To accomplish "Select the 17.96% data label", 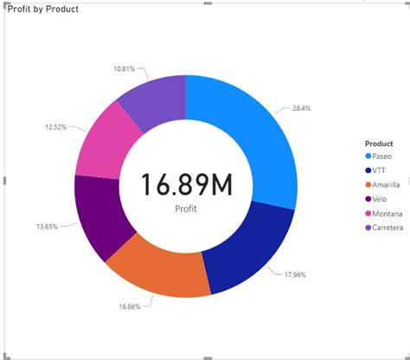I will pos(295,274).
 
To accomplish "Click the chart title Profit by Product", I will pos(42,10).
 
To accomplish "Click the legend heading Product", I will pos(379,144).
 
